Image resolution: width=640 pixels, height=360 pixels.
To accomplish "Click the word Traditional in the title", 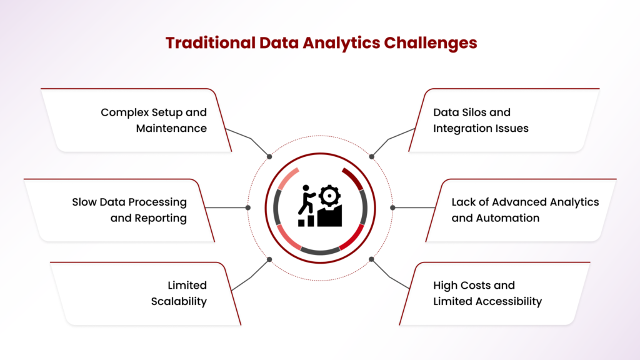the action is [210, 43].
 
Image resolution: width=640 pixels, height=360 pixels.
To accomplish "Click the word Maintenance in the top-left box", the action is [171, 128].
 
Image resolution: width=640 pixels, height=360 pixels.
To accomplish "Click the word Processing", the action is [157, 202].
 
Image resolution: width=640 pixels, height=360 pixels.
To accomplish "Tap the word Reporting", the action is [161, 218].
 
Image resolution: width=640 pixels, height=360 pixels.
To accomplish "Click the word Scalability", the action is [179, 302].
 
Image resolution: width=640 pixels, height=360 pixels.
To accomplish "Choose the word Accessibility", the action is [508, 302].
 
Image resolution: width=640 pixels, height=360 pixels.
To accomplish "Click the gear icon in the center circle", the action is [329, 196].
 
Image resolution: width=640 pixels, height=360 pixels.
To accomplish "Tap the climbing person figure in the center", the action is [306, 199].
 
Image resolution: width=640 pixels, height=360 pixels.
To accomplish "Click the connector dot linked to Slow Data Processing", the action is [247, 207].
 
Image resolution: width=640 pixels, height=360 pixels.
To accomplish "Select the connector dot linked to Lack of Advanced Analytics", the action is [392, 207].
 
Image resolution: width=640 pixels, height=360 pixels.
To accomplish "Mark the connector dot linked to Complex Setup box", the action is [269, 157].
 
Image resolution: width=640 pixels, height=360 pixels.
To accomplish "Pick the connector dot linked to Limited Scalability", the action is [269, 259].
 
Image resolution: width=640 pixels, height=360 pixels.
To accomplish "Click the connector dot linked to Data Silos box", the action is [371, 157].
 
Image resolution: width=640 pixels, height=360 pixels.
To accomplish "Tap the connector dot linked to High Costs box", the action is [371, 259].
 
